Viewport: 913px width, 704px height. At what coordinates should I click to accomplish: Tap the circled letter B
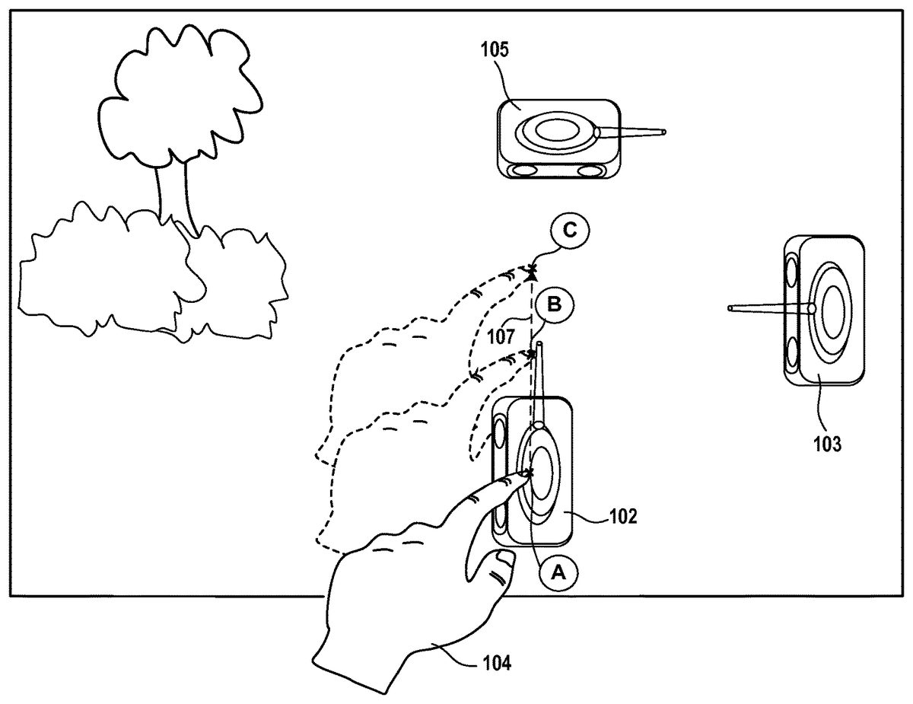554,305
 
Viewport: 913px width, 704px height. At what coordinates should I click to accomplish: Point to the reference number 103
827,444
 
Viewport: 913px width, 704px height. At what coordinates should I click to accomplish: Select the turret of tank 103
832,308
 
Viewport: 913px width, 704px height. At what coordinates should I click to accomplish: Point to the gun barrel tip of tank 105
664,132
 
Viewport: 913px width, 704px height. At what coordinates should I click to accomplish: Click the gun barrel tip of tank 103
730,308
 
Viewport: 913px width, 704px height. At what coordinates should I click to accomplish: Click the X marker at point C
531,270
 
